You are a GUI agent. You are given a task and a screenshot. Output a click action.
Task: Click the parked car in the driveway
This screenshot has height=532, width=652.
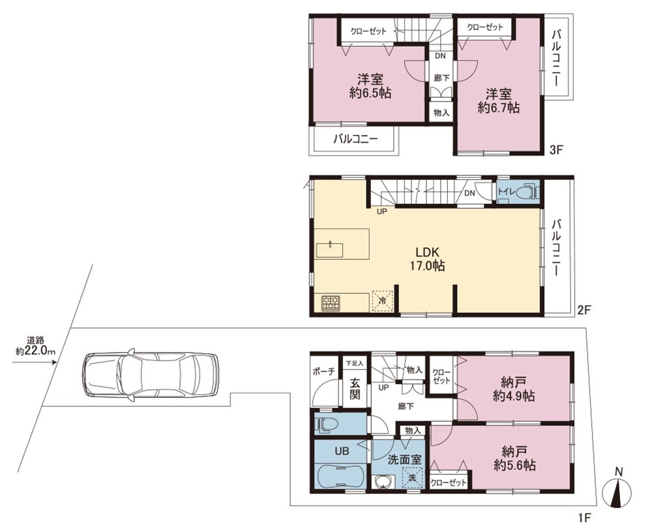(151, 375)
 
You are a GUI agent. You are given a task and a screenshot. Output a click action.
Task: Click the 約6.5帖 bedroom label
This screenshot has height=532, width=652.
(370, 85)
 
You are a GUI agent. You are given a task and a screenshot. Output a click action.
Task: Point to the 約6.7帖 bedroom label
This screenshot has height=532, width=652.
(498, 100)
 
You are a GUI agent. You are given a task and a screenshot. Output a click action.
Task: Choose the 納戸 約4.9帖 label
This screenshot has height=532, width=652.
(514, 389)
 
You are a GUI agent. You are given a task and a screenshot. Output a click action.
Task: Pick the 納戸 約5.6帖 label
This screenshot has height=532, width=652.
(514, 458)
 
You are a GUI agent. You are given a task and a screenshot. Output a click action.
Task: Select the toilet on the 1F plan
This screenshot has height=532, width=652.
(328, 424)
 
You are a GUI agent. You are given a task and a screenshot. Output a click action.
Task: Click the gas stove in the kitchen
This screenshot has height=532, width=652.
(331, 303)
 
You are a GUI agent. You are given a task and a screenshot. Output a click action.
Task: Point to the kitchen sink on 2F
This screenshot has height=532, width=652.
(330, 250)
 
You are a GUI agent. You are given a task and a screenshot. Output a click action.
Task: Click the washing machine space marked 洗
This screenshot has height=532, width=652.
(412, 477)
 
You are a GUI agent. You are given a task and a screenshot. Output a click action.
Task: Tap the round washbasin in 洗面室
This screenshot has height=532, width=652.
(382, 482)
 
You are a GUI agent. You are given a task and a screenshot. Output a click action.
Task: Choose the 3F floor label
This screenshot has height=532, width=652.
(556, 150)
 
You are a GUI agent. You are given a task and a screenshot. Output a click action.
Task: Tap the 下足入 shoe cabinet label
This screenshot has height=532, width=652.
(355, 362)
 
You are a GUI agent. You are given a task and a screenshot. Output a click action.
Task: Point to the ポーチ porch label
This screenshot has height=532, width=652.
(323, 372)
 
